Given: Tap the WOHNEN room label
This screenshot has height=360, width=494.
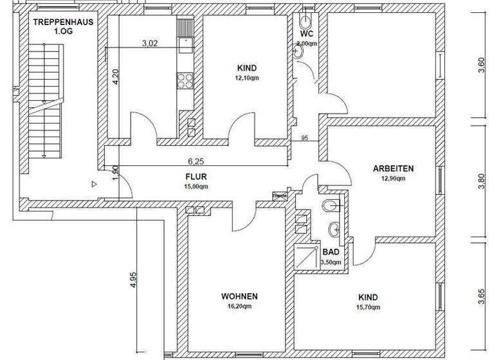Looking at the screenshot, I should point(239,296).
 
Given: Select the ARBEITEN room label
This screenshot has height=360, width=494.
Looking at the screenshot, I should point(393,169).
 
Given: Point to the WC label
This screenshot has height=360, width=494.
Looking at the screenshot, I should point(306,33).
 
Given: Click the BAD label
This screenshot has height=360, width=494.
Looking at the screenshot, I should point(330,253).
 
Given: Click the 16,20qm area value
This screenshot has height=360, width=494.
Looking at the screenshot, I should point(239,307).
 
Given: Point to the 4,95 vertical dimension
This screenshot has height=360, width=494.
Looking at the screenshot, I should point(133,282).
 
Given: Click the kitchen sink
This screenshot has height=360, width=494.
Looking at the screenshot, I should point(185,44).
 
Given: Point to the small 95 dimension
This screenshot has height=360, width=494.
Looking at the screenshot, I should point(305,138).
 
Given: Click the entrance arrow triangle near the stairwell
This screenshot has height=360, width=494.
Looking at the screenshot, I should point(94,184).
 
